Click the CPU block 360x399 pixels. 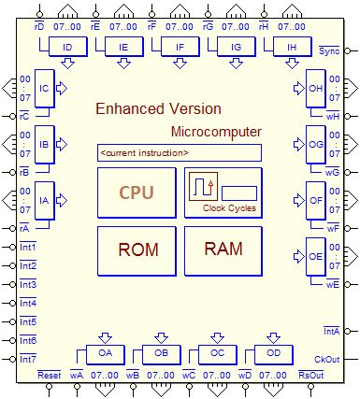tap(136, 193)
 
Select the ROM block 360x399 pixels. tap(137, 249)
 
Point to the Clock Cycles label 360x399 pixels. tap(229, 207)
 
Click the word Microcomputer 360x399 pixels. tap(216, 132)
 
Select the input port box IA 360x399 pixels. tap(44, 199)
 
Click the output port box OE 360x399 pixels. tap(315, 255)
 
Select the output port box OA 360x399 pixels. tap(105, 354)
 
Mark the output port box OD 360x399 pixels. tap(273, 354)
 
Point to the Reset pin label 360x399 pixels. tap(49, 376)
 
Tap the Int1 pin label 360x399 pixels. tap(28, 246)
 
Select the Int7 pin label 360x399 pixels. tap(28, 360)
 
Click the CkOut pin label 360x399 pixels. tap(327, 360)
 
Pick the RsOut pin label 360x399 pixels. tap(310, 376)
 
